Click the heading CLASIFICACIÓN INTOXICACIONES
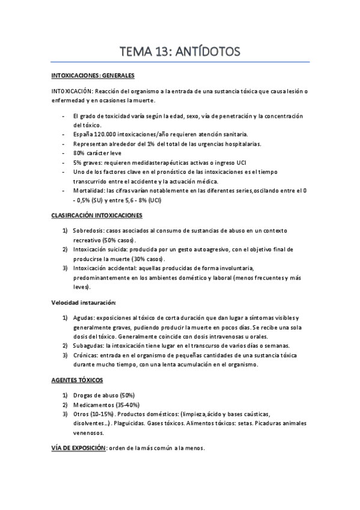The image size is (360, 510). [96, 214]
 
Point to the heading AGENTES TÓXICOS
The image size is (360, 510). [78, 380]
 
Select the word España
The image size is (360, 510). [82, 134]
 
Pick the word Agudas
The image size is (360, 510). [83, 318]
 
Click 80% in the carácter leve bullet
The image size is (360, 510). [78, 153]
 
